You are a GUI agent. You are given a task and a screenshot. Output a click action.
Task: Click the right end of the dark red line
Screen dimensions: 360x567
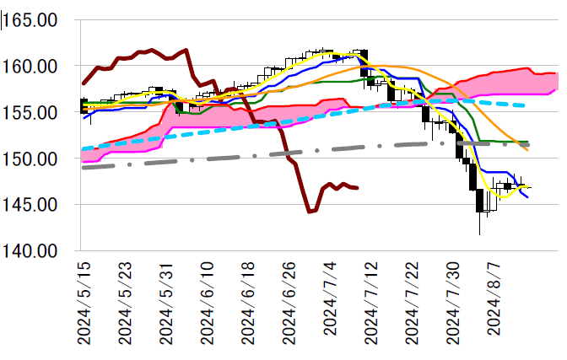[x=358, y=187]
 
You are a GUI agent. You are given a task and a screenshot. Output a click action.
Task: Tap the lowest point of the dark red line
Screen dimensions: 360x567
[x=309, y=211]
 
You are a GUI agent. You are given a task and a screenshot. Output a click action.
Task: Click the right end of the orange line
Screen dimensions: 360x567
[x=528, y=150]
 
